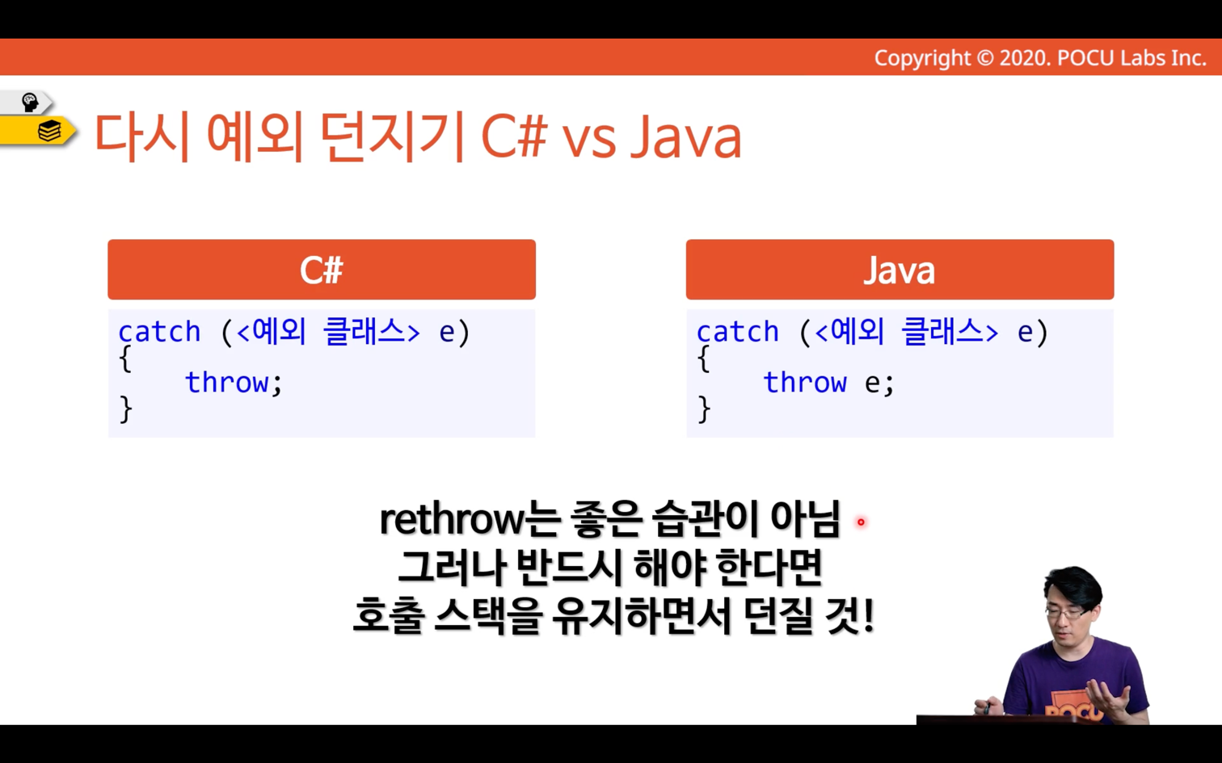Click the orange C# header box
(322, 269)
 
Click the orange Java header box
(900, 269)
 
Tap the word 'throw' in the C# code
(226, 381)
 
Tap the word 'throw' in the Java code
(805, 381)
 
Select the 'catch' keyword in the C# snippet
(159, 331)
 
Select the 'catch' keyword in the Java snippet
(738, 331)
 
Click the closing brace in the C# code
(125, 409)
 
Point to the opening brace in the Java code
(704, 358)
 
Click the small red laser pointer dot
(861, 522)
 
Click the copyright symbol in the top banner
(984, 58)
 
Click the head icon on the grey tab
(29, 103)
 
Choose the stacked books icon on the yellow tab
(49, 131)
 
